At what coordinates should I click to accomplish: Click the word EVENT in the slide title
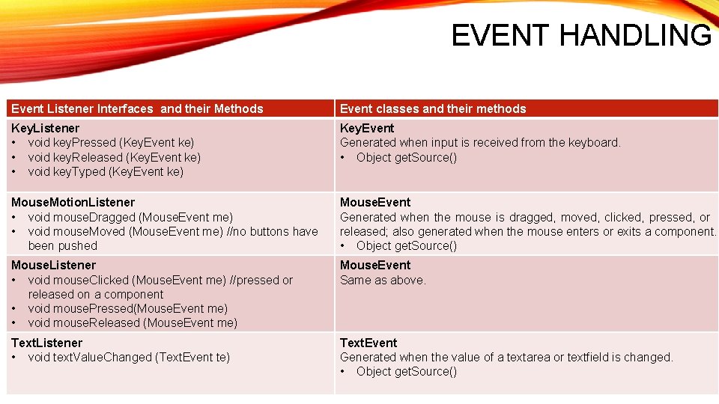click(x=500, y=35)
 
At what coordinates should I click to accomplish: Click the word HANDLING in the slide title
click(x=636, y=35)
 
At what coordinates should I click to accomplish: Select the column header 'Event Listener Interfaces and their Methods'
click(x=137, y=109)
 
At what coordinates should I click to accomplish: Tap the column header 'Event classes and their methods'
click(x=433, y=109)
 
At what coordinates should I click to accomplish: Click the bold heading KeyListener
click(x=45, y=128)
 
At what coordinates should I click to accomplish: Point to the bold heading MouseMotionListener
click(x=73, y=203)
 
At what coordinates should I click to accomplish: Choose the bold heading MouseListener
click(x=53, y=265)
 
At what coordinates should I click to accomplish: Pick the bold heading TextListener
click(x=46, y=343)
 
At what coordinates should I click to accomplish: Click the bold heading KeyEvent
click(x=367, y=128)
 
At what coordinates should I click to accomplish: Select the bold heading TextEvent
click(x=368, y=343)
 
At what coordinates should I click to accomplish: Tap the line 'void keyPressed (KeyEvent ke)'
click(x=111, y=143)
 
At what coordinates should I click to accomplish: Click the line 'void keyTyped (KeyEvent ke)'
click(x=106, y=172)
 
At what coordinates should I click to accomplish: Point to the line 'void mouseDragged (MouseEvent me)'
click(x=130, y=217)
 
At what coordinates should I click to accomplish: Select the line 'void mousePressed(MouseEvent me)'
click(x=128, y=309)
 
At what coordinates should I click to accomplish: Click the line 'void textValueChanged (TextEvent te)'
click(x=129, y=358)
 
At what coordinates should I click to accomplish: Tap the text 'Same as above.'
click(x=383, y=280)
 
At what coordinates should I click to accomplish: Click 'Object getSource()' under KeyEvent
click(x=407, y=158)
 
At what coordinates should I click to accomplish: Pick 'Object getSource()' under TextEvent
click(x=407, y=372)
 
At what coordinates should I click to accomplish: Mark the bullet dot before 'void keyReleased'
click(x=13, y=158)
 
